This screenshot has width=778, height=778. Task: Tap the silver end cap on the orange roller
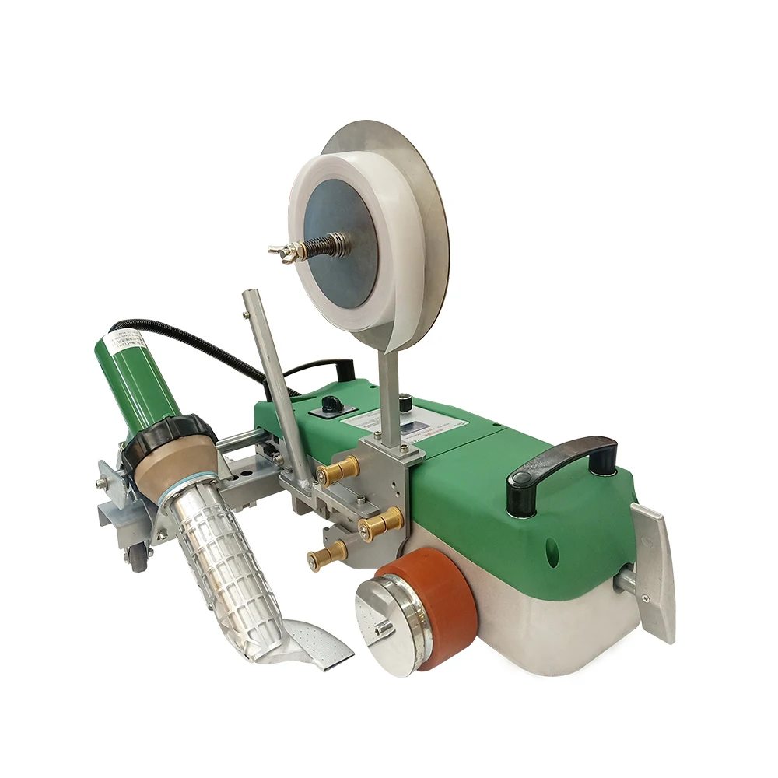pos(387,627)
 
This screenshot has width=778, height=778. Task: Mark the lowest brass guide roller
pos(328,555)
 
